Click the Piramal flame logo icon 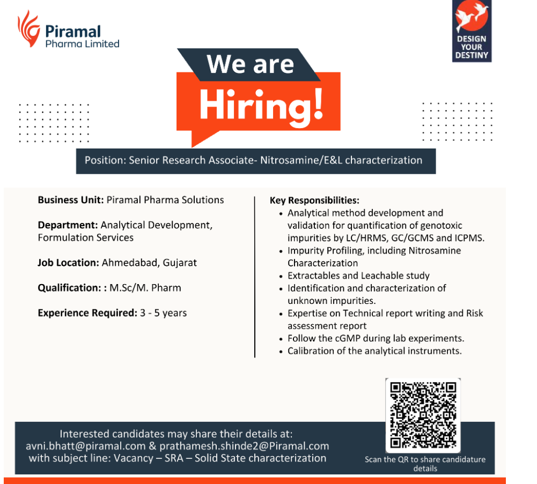(x=29, y=28)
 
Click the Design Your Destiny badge (x=472, y=31)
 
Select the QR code (x=423, y=415)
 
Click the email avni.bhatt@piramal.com (x=86, y=446)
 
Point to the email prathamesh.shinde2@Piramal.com (x=244, y=446)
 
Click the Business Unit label (x=71, y=200)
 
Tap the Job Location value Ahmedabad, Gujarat (x=149, y=263)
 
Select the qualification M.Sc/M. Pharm (x=145, y=288)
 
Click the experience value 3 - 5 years (x=164, y=313)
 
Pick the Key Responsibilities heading (x=314, y=200)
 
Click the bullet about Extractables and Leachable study (x=358, y=275)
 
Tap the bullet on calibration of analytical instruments (x=374, y=351)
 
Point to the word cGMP (x=348, y=339)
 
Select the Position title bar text (x=253, y=160)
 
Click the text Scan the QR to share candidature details (x=425, y=464)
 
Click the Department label (x=68, y=225)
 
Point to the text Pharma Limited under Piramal (x=82, y=44)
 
